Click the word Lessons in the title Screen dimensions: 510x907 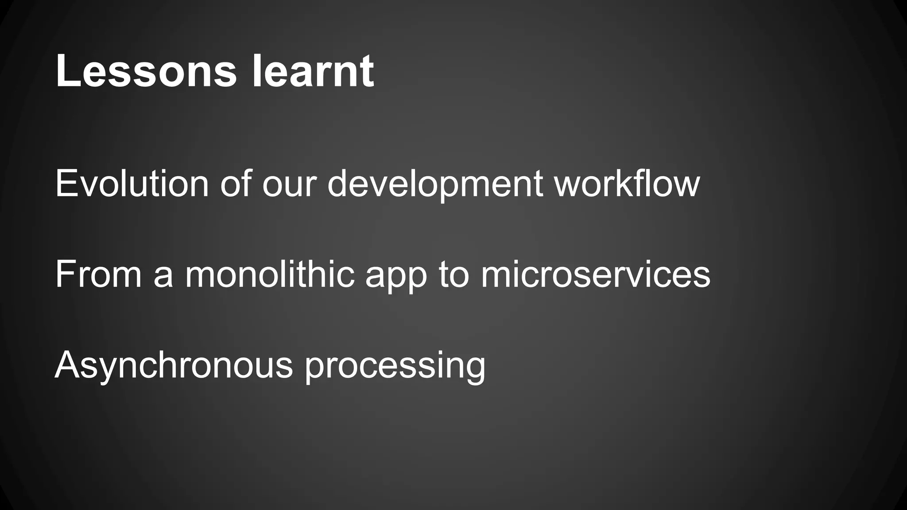pyautogui.click(x=146, y=71)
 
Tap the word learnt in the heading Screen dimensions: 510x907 pyautogui.click(x=313, y=71)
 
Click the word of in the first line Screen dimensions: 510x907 pyautogui.click(x=236, y=184)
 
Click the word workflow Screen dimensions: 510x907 pyautogui.click(x=627, y=184)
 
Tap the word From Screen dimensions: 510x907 pyautogui.click(x=98, y=274)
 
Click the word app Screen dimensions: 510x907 pyautogui.click(x=396, y=278)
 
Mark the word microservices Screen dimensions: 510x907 pyautogui.click(x=595, y=274)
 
